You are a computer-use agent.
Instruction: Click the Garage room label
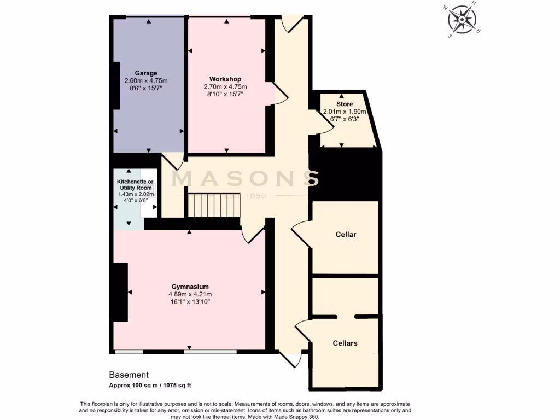[x=146, y=73]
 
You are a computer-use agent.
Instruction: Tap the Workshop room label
[x=225, y=79]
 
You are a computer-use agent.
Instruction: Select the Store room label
[x=345, y=104]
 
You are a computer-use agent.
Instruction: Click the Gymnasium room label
[x=190, y=287]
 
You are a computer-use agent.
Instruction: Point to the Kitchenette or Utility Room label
[x=134, y=184]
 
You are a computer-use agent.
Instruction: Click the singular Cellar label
[x=346, y=235]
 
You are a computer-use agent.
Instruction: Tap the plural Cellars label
[x=345, y=343]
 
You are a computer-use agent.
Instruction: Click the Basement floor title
[x=129, y=375]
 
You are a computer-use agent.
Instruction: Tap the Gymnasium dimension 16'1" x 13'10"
[x=190, y=301]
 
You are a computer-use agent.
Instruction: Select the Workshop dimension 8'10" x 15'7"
[x=225, y=94]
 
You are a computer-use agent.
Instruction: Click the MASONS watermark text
[x=246, y=179]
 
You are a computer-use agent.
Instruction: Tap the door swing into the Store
[x=326, y=121]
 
